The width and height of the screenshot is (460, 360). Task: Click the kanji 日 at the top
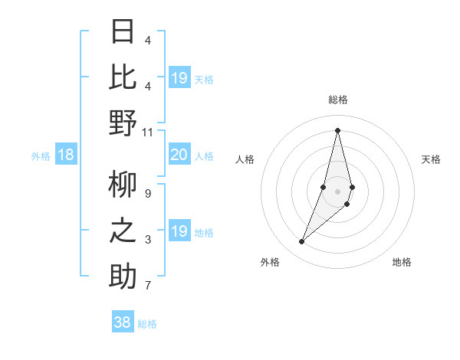[x=123, y=31]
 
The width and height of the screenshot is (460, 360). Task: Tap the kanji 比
[x=123, y=77]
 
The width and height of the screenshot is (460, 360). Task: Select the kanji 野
[x=123, y=123]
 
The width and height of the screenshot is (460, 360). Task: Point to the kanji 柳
[x=123, y=184]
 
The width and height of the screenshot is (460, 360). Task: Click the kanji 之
[x=123, y=231]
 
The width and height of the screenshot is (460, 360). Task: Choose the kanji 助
[x=123, y=277]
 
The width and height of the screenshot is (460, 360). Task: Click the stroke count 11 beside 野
[x=148, y=132]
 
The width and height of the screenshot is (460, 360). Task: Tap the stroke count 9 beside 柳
[x=147, y=193]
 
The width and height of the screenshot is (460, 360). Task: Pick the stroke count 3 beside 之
[x=147, y=240]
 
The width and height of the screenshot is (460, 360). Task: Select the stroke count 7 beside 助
[x=147, y=286]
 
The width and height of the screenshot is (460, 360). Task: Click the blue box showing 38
[x=123, y=322]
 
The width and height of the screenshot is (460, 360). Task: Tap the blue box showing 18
[x=66, y=155]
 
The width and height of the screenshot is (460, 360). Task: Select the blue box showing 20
[x=179, y=155]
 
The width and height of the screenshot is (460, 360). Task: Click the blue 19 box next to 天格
[x=179, y=78]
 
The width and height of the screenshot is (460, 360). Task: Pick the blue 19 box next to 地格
[x=179, y=231]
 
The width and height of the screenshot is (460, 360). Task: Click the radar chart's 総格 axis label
[x=337, y=100]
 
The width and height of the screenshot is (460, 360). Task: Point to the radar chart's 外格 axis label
[x=270, y=262]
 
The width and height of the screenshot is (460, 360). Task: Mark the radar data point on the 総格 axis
[x=337, y=129]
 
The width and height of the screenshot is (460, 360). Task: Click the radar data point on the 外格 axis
[x=302, y=242]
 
